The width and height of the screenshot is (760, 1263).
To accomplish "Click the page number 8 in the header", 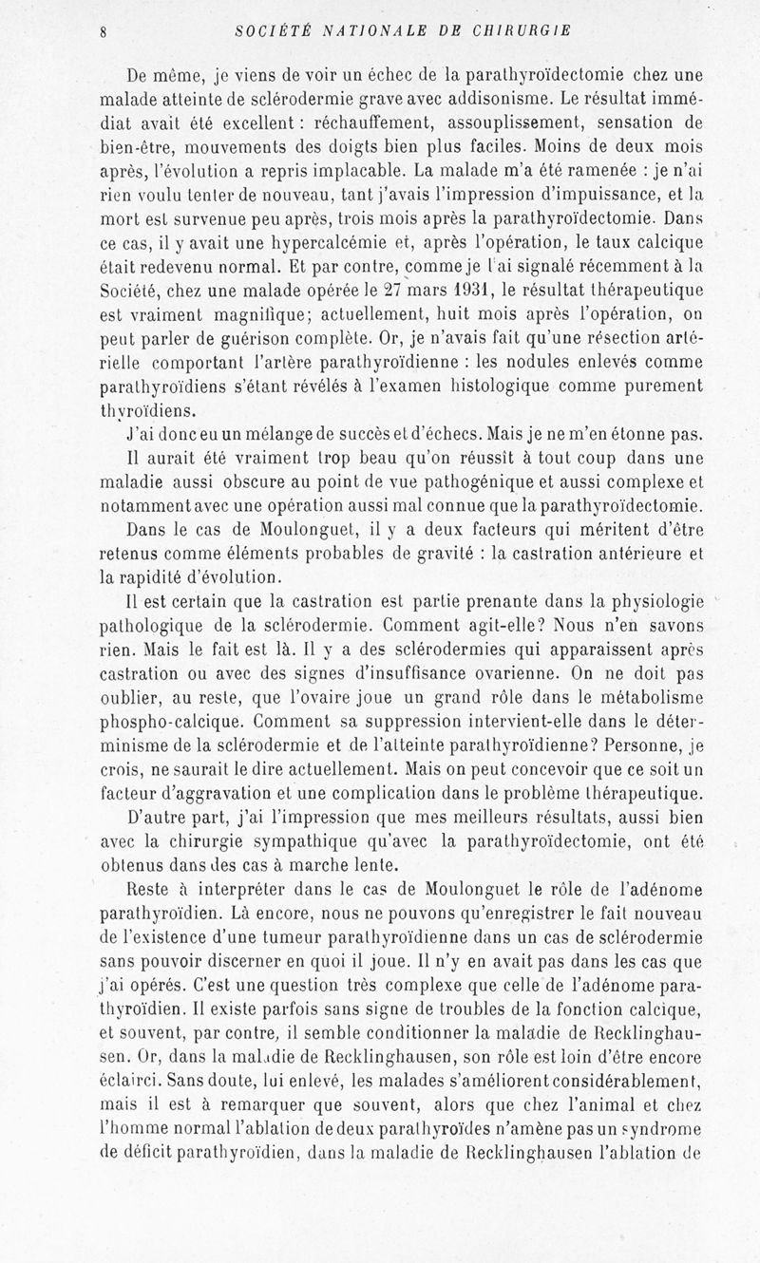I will click(102, 29).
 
